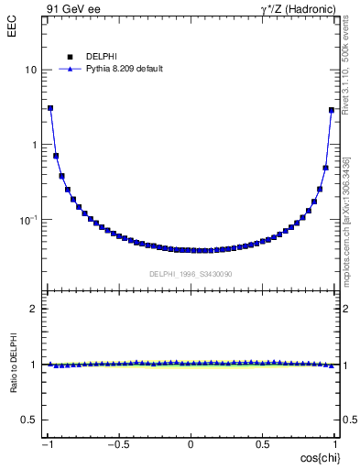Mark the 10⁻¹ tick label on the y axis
click(x=30, y=220)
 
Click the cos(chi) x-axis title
click(x=315, y=458)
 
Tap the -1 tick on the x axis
click(x=48, y=445)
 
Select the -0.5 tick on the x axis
click(x=119, y=445)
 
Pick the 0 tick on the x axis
click(x=191, y=445)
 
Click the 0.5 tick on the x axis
click(x=263, y=445)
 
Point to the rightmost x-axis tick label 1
click(x=335, y=445)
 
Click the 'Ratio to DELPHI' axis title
click(x=12, y=364)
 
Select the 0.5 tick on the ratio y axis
click(x=31, y=420)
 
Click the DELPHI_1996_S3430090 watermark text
click(x=191, y=274)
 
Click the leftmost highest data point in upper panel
click(x=50, y=108)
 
